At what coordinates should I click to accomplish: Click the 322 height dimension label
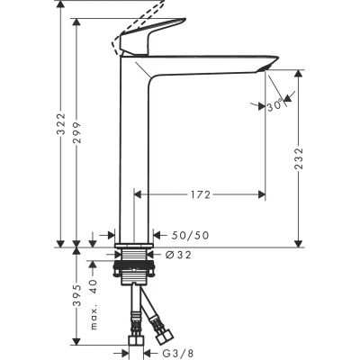coord(60,134)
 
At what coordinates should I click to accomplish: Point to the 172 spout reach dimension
coord(201,193)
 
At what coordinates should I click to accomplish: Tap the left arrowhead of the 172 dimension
coord(137,193)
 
